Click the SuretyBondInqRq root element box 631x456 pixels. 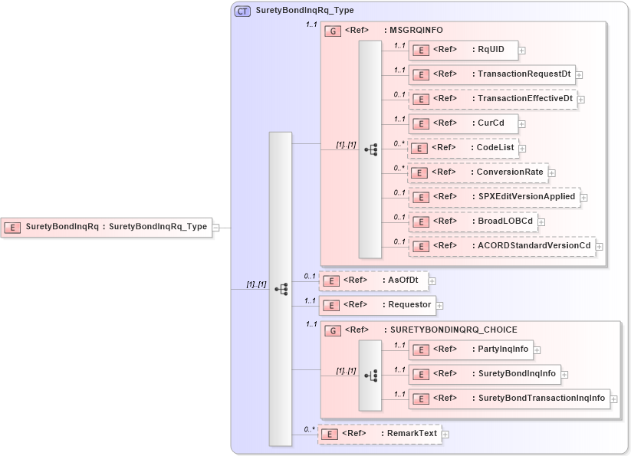[107, 227]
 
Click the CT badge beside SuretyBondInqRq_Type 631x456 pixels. [242, 11]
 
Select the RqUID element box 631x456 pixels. [463, 51]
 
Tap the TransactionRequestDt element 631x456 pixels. [491, 74]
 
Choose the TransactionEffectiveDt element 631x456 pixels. [492, 99]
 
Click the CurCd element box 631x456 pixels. [463, 123]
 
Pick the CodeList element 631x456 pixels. [463, 148]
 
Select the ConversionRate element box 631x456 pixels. [478, 172]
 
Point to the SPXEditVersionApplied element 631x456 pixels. [494, 197]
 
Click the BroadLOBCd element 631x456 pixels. [472, 221]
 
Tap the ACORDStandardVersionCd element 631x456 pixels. [501, 246]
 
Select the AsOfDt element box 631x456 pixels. [373, 280]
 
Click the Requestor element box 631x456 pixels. [376, 305]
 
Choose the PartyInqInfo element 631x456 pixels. [470, 349]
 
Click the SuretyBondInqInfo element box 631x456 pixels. [484, 374]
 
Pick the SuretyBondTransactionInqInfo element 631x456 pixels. [508, 399]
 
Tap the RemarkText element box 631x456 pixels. [380, 434]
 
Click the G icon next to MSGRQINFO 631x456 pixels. [334, 31]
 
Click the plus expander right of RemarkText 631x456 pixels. [445, 435]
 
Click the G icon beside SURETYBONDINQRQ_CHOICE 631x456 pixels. [334, 330]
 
